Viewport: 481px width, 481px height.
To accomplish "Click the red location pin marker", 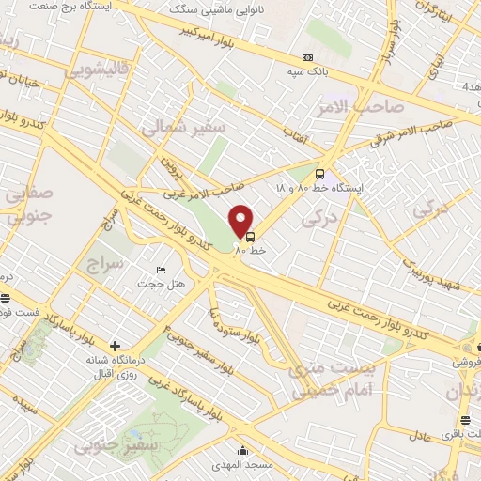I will click(x=242, y=221).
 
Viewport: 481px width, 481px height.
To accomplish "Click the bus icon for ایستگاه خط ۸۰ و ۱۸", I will click(x=319, y=174).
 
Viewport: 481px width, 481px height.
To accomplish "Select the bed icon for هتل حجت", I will click(x=162, y=270).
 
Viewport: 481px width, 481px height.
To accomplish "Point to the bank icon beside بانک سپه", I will click(x=306, y=57).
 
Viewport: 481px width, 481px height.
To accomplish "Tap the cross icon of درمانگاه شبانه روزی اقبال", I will click(x=115, y=346).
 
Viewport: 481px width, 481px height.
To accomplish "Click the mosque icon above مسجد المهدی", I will click(x=243, y=449).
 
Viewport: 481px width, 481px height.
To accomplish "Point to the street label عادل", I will click(x=420, y=436).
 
